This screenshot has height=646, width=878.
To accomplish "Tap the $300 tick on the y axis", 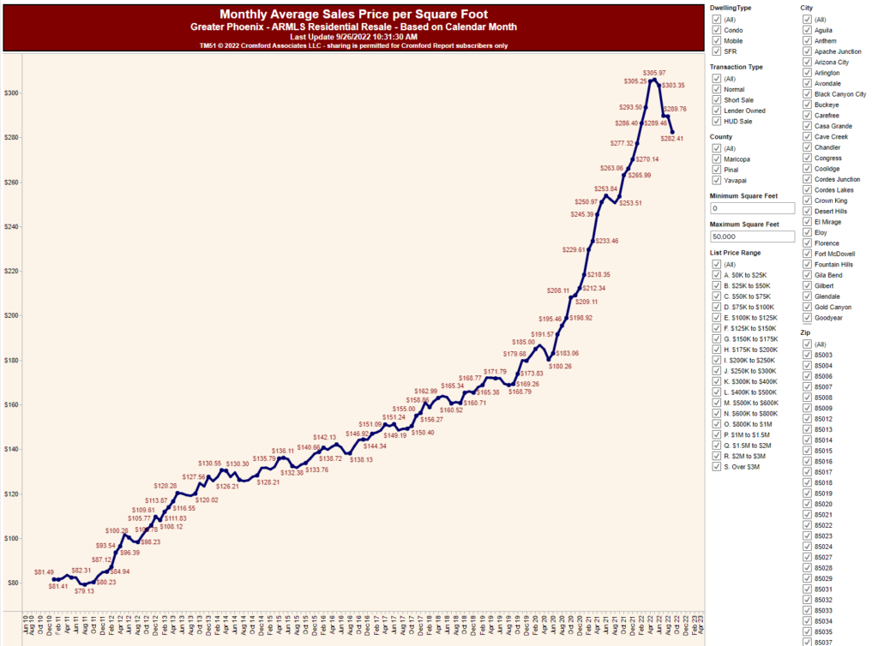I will point(11,93).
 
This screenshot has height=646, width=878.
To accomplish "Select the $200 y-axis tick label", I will point(11,315).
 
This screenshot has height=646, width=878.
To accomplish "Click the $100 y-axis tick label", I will point(11,538).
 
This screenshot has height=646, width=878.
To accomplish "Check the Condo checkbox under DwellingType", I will point(716,30).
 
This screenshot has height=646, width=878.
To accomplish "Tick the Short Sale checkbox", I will point(716,100).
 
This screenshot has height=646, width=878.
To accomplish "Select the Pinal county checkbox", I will point(716,170).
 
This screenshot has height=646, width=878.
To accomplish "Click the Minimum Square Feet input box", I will point(752,208).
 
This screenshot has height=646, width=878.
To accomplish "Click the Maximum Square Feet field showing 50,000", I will point(752,236).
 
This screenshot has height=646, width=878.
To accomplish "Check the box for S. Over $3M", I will point(716,467).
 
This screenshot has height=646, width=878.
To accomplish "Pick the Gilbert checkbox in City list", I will point(807,286).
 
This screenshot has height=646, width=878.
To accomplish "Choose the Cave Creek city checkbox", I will point(807,137).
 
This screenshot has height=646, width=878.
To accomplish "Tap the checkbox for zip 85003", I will point(807,355).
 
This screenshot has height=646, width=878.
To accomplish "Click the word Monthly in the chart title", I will point(246,15).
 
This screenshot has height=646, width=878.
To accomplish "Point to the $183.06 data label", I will point(567,353).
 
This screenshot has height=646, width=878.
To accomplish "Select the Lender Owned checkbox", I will point(716,111).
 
